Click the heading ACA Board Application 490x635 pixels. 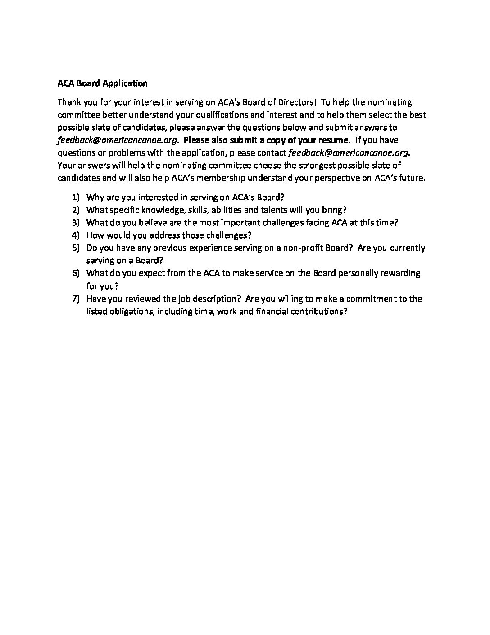[x=102, y=83]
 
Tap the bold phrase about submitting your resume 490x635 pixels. [x=267, y=140]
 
